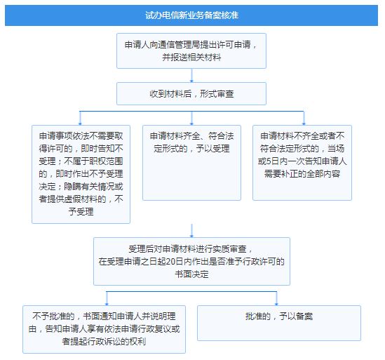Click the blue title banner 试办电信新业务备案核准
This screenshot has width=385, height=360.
(191, 15)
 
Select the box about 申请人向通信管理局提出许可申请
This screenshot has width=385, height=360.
(191, 51)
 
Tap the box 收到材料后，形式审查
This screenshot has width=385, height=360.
(191, 93)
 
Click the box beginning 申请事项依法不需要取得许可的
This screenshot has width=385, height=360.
(81, 174)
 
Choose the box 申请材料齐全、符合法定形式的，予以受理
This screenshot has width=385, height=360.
(191, 163)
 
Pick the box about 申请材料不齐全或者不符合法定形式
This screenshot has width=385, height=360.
(302, 163)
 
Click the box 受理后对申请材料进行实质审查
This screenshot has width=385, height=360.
(191, 261)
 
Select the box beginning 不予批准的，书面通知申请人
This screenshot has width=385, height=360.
(104, 329)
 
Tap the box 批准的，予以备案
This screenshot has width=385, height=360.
(279, 323)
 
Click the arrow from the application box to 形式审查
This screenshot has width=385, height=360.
(191, 76)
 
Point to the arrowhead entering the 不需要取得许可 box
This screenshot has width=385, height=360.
(80, 124)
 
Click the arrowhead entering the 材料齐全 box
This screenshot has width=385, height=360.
(191, 124)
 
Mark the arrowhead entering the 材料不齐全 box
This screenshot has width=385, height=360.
(304, 124)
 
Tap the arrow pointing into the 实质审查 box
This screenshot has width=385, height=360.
(191, 231)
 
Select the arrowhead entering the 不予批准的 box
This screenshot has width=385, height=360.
(107, 304)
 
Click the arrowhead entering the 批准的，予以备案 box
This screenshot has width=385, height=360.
(276, 304)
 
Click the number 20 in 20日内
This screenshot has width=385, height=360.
(170, 262)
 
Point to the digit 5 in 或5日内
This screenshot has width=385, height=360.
(269, 161)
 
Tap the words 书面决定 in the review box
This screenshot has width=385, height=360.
(191, 274)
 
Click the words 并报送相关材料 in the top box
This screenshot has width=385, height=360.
(191, 58)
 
